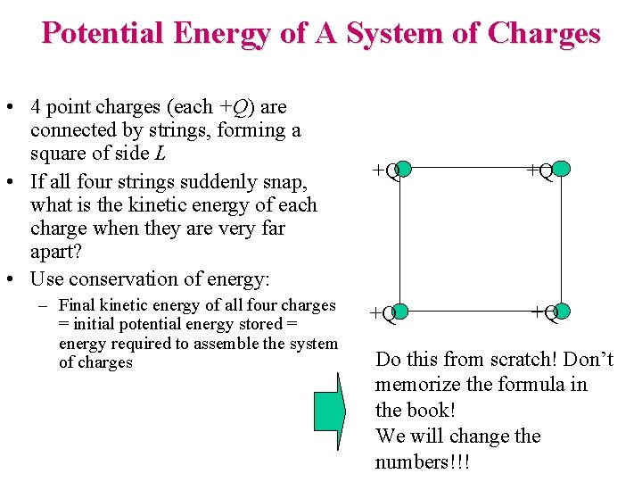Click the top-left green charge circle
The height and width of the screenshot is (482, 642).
(402, 169)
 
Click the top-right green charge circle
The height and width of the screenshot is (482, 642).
(561, 168)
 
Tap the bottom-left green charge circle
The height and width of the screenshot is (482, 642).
(400, 312)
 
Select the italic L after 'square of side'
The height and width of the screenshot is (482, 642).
(160, 154)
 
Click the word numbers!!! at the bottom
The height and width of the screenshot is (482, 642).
(422, 462)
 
